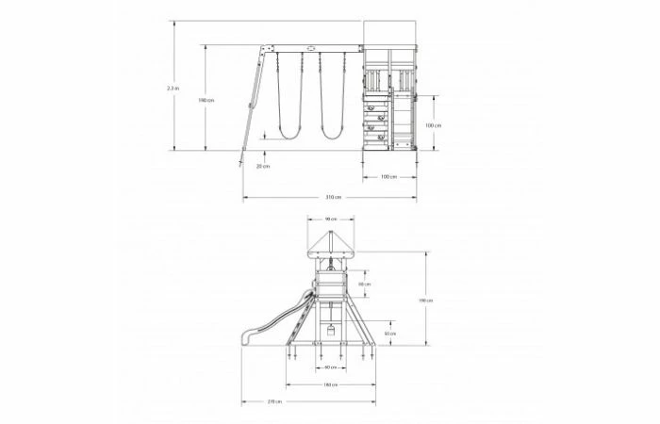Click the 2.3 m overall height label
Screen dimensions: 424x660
(x=171, y=88)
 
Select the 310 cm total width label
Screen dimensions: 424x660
(x=332, y=197)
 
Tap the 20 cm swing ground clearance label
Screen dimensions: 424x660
(x=262, y=166)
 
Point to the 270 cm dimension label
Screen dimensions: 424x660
(x=273, y=402)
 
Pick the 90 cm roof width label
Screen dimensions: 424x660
(x=330, y=220)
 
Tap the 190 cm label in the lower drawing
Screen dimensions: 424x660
(x=427, y=300)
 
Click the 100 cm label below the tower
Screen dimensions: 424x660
(x=387, y=176)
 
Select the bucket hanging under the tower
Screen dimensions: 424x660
(x=330, y=330)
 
